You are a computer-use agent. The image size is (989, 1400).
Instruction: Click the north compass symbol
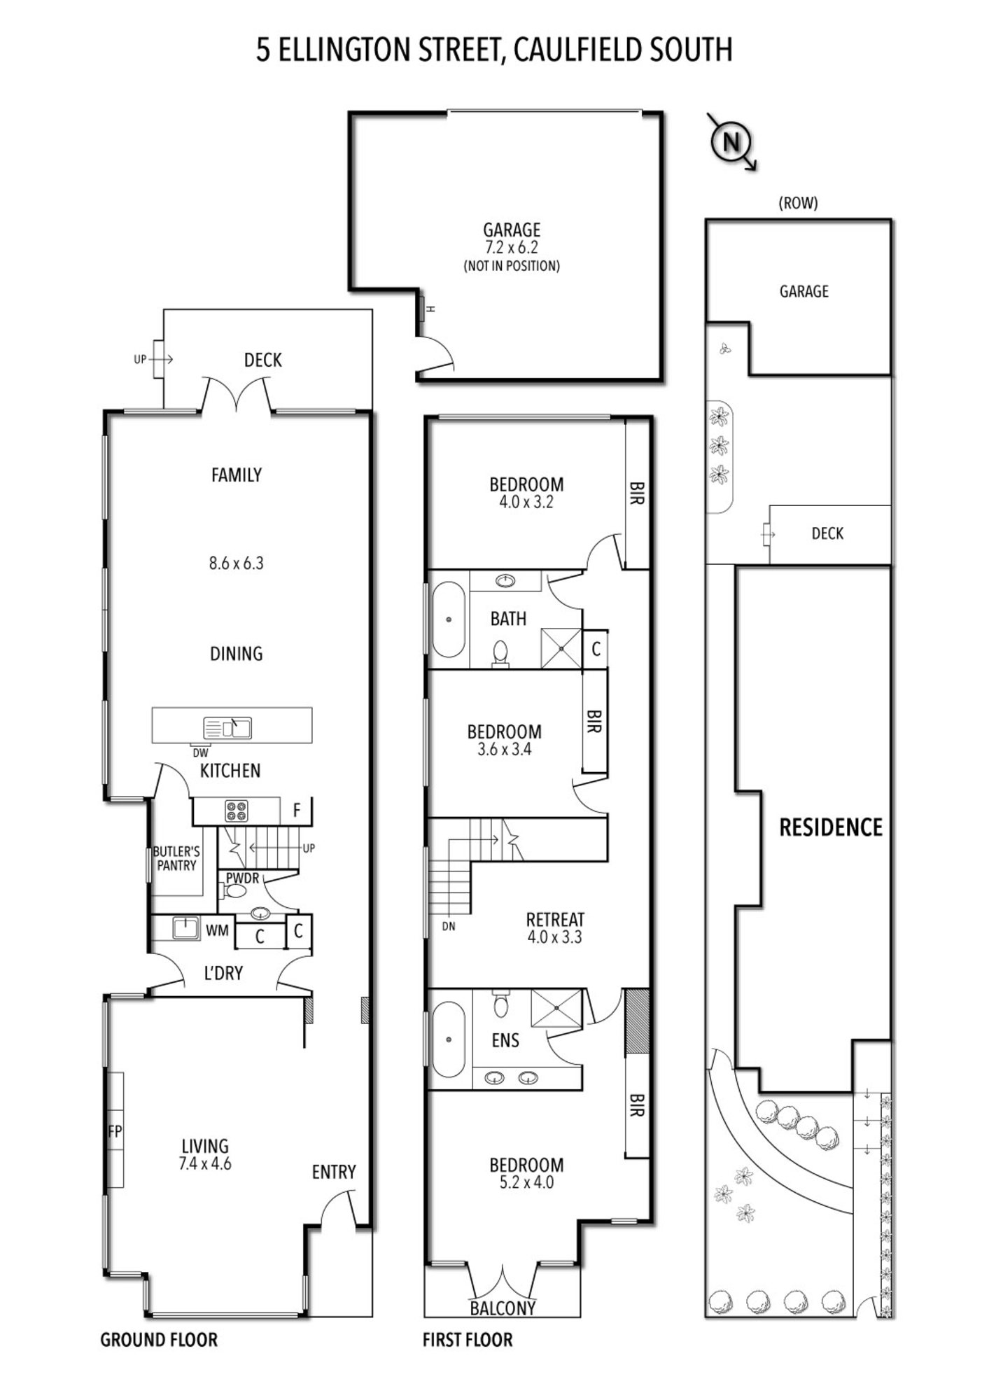click(731, 142)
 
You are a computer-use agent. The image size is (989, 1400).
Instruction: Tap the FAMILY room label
click(237, 475)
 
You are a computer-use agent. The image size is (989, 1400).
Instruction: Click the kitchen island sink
click(227, 728)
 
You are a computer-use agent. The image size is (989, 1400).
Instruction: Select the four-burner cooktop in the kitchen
click(237, 811)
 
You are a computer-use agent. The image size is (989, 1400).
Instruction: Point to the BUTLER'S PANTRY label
click(176, 858)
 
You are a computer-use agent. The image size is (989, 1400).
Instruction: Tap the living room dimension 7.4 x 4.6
click(205, 1164)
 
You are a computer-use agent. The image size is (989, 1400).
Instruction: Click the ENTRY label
click(334, 1172)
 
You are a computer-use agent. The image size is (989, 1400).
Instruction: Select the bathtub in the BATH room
click(448, 619)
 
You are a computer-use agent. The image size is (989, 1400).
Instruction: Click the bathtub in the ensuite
click(448, 1039)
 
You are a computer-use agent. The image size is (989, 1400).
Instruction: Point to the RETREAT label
click(555, 920)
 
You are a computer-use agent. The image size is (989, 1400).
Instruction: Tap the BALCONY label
click(503, 1308)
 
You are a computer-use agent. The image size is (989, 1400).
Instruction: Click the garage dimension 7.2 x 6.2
click(512, 247)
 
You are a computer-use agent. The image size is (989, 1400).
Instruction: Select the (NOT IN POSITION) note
click(512, 266)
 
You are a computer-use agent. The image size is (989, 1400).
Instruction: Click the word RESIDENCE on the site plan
click(831, 827)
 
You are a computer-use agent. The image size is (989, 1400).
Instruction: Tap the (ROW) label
click(798, 203)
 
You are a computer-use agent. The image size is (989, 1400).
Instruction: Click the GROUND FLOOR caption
click(159, 1340)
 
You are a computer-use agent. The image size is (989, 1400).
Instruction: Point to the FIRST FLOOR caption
click(468, 1340)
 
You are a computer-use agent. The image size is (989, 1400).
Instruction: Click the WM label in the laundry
click(217, 930)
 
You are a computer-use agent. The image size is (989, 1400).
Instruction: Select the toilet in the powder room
click(232, 891)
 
